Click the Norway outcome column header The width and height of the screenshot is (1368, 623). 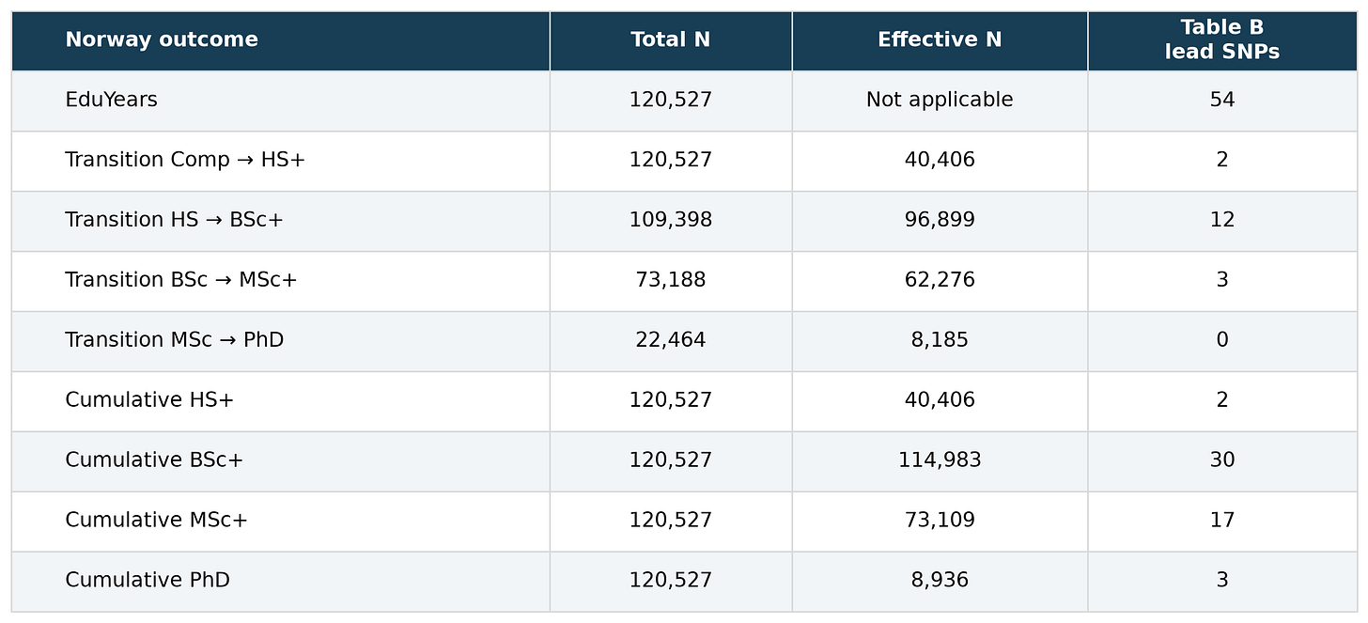162,39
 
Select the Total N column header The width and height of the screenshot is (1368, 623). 671,39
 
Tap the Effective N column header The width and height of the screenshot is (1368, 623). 940,39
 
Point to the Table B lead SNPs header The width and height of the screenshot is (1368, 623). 1222,39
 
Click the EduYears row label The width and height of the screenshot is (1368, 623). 111,100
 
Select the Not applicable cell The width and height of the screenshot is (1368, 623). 940,100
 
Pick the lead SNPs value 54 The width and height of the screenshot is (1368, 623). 1222,100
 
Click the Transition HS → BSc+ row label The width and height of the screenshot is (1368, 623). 174,219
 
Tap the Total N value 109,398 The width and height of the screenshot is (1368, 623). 671,220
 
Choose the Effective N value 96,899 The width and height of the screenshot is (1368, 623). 940,220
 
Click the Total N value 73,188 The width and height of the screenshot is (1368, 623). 671,280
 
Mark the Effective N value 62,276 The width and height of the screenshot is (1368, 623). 940,280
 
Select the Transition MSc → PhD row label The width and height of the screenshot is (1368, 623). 174,339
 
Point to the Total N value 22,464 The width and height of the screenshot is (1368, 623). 671,339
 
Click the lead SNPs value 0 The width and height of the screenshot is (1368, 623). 1222,339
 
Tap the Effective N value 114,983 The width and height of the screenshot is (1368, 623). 940,459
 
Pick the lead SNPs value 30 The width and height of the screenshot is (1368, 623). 1222,459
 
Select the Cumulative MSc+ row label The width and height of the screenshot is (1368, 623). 156,520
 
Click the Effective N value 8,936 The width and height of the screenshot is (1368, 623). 940,580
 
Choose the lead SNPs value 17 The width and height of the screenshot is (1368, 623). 1222,520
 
